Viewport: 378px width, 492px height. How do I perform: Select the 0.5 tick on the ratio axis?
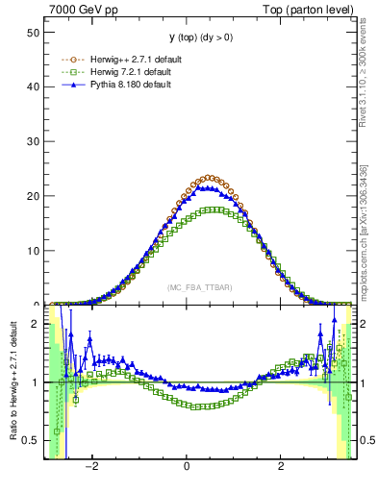31,440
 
